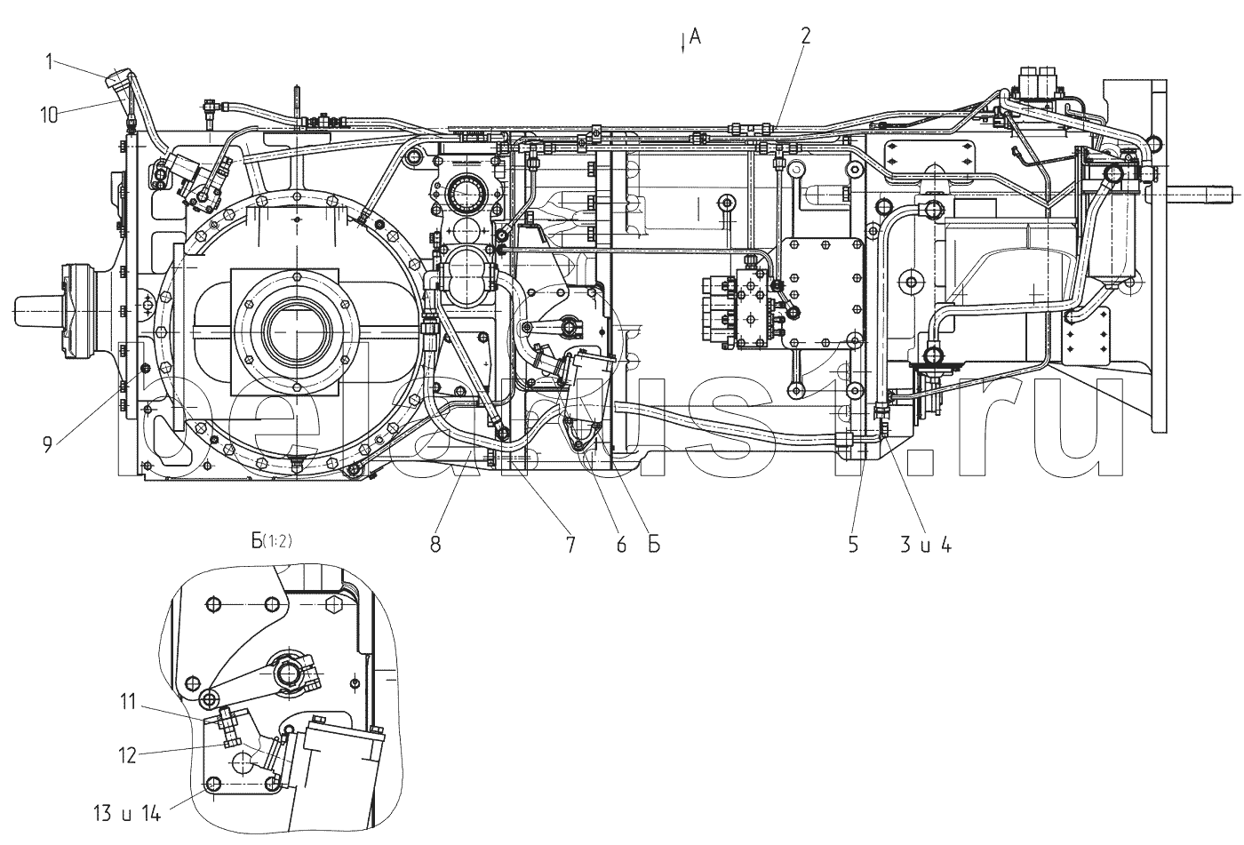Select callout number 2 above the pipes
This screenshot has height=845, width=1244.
[805, 36]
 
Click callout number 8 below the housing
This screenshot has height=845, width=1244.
[435, 546]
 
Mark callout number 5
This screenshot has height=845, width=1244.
[853, 546]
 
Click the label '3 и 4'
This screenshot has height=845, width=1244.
[926, 546]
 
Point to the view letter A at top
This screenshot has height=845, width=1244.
[696, 36]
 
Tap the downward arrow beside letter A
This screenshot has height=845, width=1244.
[682, 42]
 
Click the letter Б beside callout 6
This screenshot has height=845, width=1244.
[653, 546]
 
